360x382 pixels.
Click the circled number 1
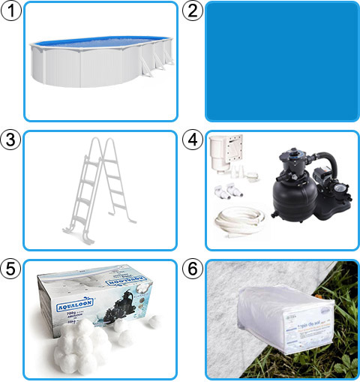[x=11, y=11]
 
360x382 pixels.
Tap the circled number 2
[x=193, y=11]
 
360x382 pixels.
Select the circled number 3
[x=11, y=140]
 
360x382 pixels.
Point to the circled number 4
[x=193, y=140]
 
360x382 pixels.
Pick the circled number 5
[x=11, y=269]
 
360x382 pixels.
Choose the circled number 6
[x=193, y=269]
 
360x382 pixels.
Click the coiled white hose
[x=238, y=221]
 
